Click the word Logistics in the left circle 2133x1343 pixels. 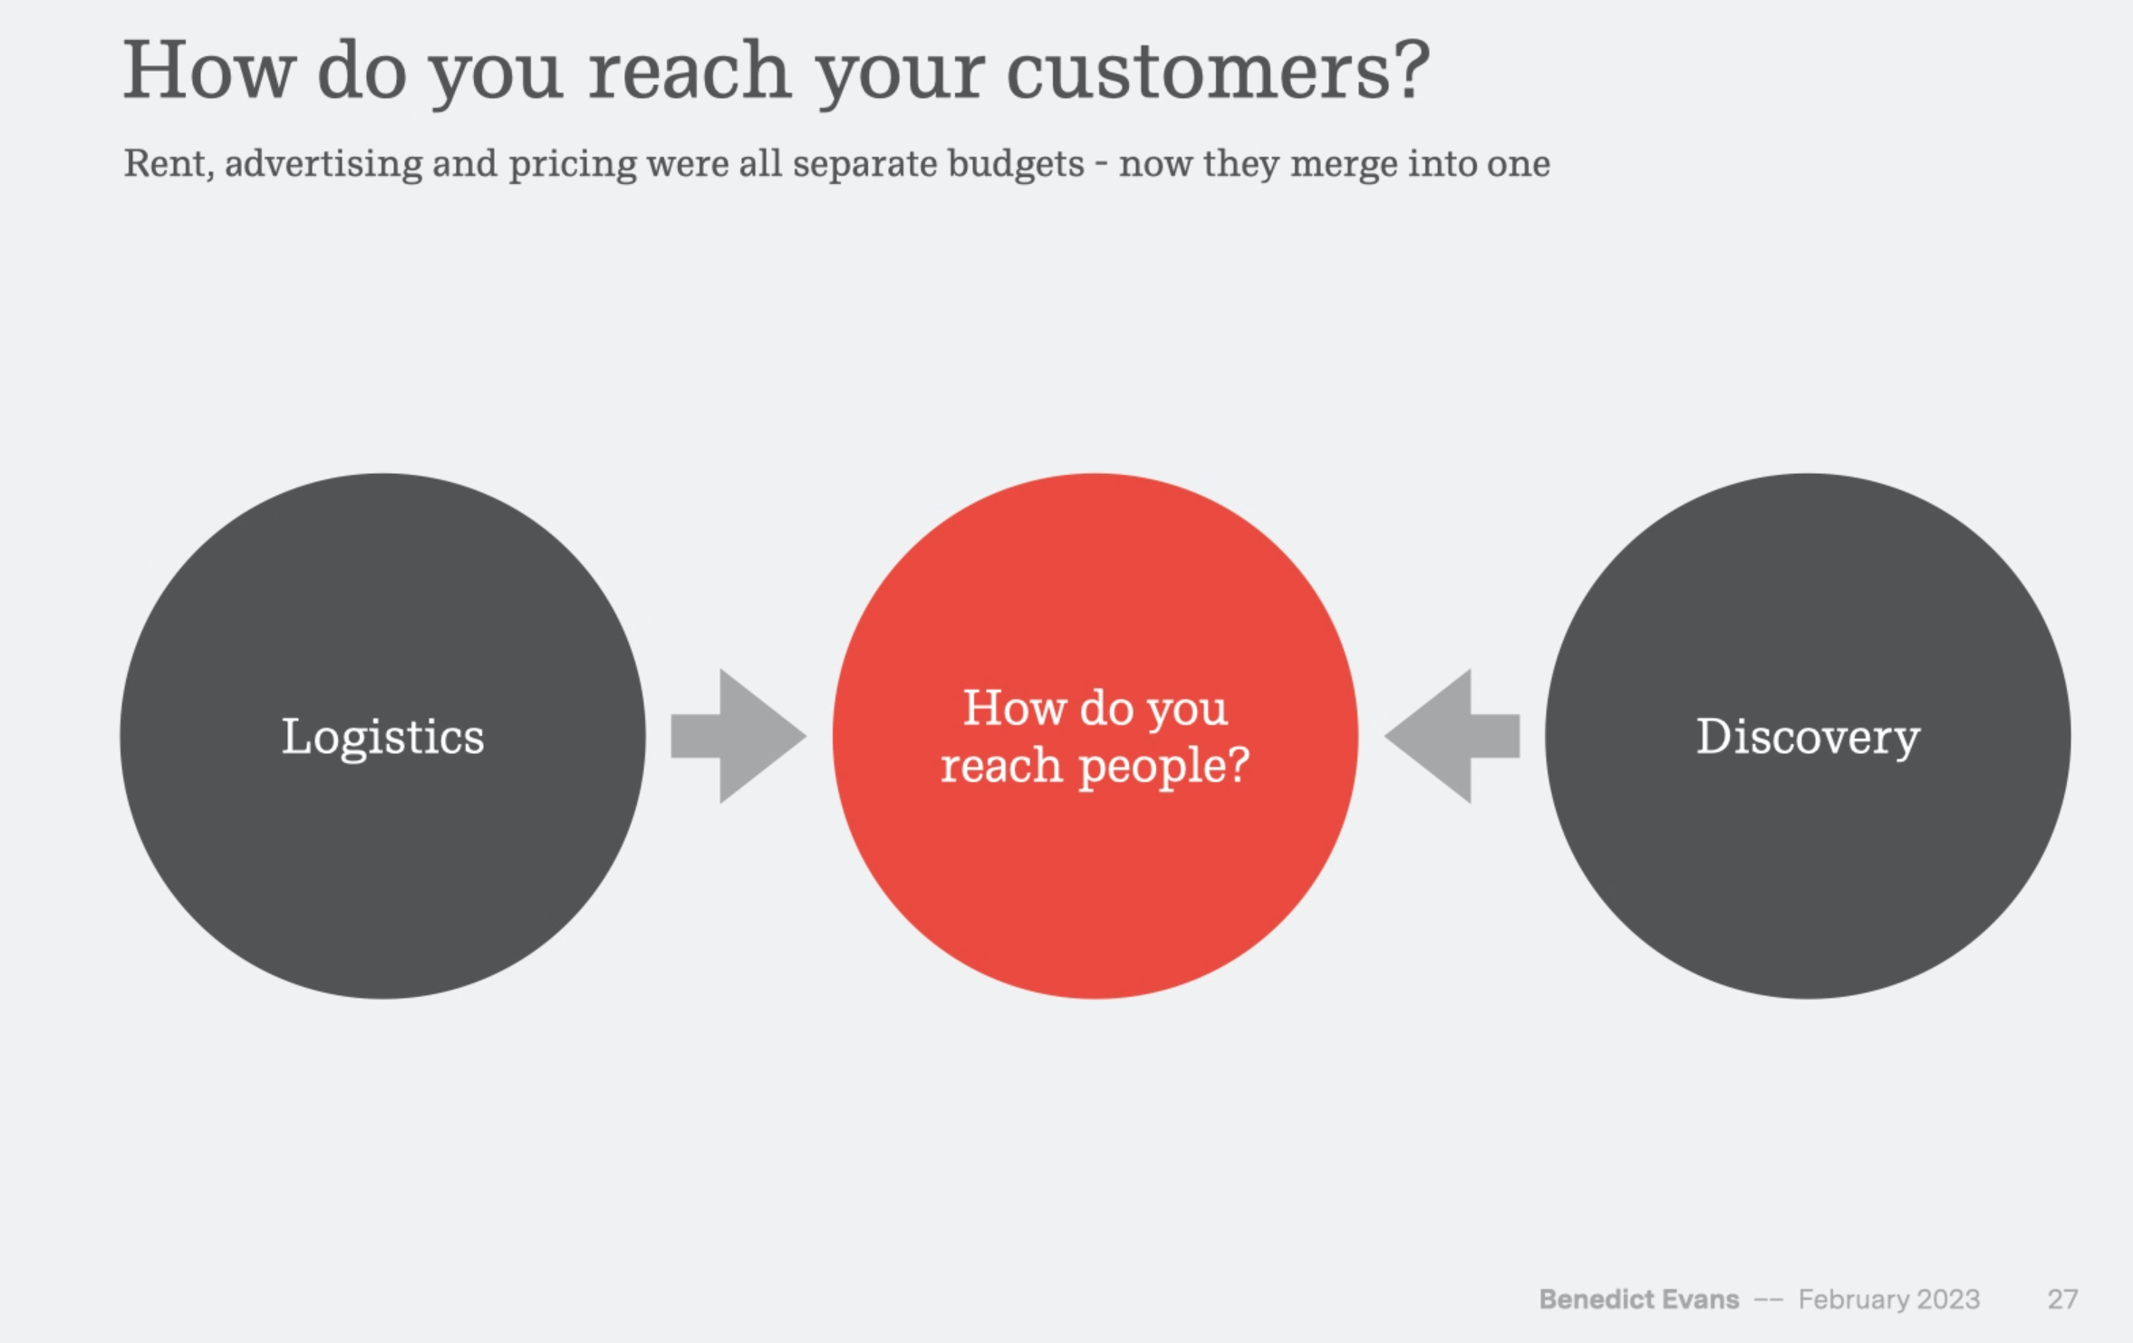(x=382, y=737)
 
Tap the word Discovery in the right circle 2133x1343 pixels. (x=1808, y=737)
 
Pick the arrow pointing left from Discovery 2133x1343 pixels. (x=1452, y=736)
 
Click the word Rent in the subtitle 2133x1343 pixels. (x=164, y=164)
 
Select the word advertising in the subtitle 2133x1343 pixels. (x=323, y=164)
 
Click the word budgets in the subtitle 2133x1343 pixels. (x=1016, y=164)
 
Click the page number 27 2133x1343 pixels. (x=2062, y=1300)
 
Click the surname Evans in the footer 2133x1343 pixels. (x=1701, y=1300)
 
